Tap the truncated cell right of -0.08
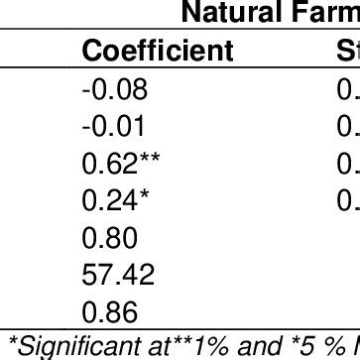click(351, 91)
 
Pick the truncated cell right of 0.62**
click(351, 162)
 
